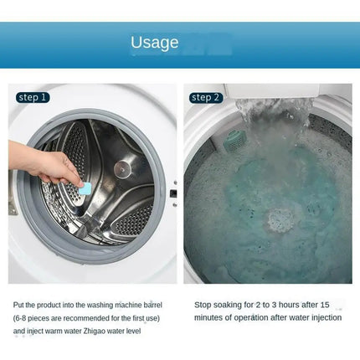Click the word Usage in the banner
tap(155, 43)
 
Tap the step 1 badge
tap(33, 97)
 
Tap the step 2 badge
tap(206, 98)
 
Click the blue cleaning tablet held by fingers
tap(85, 188)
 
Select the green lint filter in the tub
tap(234, 141)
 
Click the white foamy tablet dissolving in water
tap(281, 221)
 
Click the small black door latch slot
tap(173, 193)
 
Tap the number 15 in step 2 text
tap(325, 305)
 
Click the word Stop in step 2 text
tap(203, 305)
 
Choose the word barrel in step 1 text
tap(153, 305)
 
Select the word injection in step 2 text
tap(327, 318)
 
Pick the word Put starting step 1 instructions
tap(18, 305)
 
